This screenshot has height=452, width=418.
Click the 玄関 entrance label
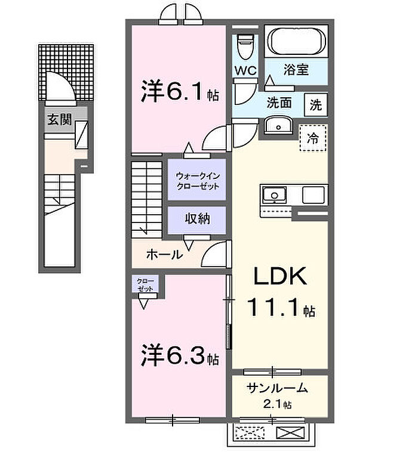pyautogui.click(x=60, y=119)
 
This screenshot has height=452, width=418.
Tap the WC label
pyautogui.click(x=245, y=70)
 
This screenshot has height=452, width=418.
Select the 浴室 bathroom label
pyautogui.click(x=296, y=69)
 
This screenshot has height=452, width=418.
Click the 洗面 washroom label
pyautogui.click(x=279, y=103)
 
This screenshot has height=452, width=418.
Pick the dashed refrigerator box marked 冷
pyautogui.click(x=313, y=138)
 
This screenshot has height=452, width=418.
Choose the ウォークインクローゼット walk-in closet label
pyautogui.click(x=197, y=181)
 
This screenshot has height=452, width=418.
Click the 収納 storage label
pyautogui.click(x=196, y=218)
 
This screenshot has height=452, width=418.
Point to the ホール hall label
pyautogui.click(x=164, y=255)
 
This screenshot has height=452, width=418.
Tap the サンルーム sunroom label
pyautogui.click(x=278, y=388)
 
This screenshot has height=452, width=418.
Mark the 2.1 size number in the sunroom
pyautogui.click(x=274, y=404)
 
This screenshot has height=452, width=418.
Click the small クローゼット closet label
pyautogui.click(x=145, y=284)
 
